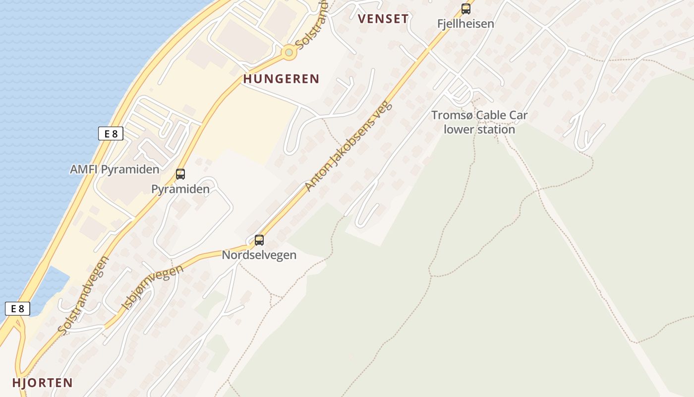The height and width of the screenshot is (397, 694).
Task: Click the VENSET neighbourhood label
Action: (383, 19)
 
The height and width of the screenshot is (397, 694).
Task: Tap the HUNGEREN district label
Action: (281, 79)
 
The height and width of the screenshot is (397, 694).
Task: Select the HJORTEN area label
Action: (43, 383)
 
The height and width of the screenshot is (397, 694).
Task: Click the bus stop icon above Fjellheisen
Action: (466, 8)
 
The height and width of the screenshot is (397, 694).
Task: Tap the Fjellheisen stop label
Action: (465, 23)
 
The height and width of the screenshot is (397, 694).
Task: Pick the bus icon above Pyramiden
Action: (180, 174)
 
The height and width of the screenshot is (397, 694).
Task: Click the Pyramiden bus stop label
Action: (180, 189)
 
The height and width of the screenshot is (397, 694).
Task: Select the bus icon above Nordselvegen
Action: (259, 240)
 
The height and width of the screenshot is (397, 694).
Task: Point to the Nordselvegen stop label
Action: (259, 255)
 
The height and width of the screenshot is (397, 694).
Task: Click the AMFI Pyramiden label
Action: (115, 169)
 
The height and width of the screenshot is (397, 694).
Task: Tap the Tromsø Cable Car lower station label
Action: (479, 123)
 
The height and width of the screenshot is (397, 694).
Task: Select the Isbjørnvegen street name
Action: (152, 288)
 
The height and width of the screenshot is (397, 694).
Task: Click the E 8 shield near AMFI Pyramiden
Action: (111, 133)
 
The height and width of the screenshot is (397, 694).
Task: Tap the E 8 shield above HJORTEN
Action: (17, 309)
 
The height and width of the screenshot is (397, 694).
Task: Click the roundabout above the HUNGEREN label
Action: (289, 52)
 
